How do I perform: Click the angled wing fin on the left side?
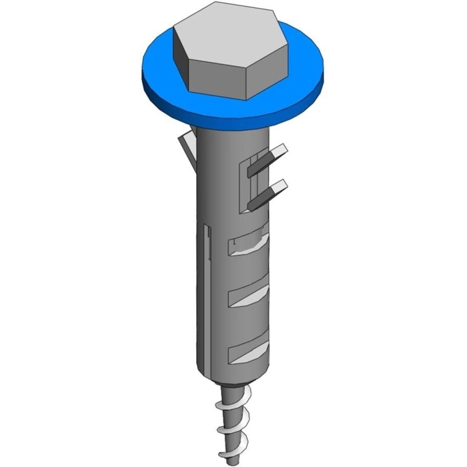click(187, 148)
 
